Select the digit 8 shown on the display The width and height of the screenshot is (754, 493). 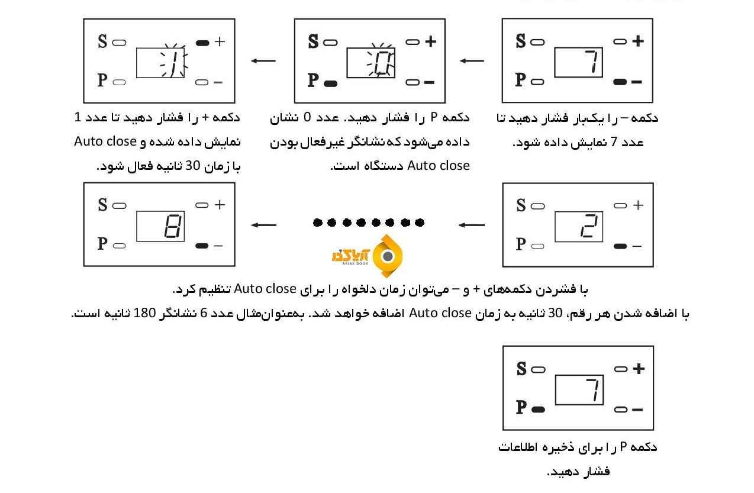173,226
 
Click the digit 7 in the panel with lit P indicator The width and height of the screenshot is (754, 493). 592,391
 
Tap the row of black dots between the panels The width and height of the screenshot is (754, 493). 368,223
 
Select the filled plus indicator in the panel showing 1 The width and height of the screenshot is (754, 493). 202,43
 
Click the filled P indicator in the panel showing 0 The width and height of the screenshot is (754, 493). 331,83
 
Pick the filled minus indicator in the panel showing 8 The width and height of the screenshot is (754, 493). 202,246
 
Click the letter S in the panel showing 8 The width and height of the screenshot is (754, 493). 103,205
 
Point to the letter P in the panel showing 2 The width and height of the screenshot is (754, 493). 521,244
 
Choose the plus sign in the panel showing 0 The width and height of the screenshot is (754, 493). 430,41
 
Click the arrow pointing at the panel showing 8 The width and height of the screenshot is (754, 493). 263,225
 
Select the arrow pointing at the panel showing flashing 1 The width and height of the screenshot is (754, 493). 263,60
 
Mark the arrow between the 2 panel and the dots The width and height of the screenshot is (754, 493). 472,225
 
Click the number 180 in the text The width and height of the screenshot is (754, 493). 559,313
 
